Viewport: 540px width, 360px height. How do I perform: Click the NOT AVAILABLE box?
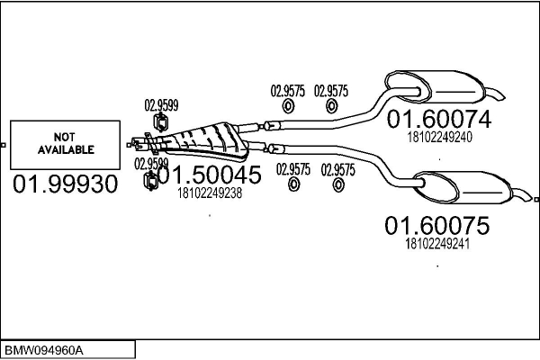point(66,145)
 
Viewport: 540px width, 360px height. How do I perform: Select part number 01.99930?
point(65,185)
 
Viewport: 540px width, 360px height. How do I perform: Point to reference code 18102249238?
point(210,193)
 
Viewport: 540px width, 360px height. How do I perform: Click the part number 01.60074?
point(439,120)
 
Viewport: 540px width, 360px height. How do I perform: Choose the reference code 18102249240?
point(439,137)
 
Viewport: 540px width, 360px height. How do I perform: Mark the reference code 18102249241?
point(437,243)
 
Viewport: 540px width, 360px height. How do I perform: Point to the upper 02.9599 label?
point(162,105)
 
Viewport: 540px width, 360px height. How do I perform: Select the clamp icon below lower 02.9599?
point(152,184)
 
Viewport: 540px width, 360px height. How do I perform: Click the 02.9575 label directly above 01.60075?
point(339,169)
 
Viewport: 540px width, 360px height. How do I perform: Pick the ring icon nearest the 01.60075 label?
point(338,185)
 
